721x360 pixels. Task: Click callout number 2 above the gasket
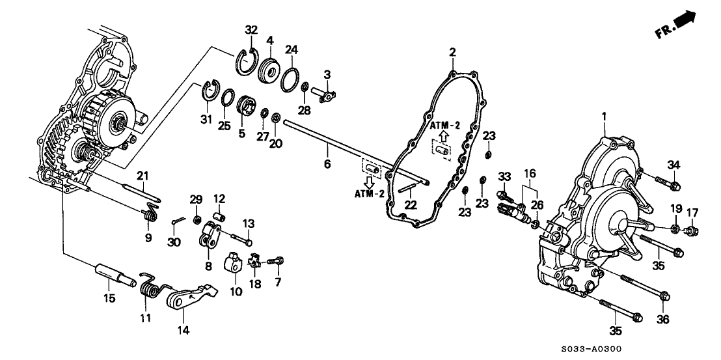pos(452,51)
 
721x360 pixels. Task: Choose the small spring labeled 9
pos(150,212)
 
